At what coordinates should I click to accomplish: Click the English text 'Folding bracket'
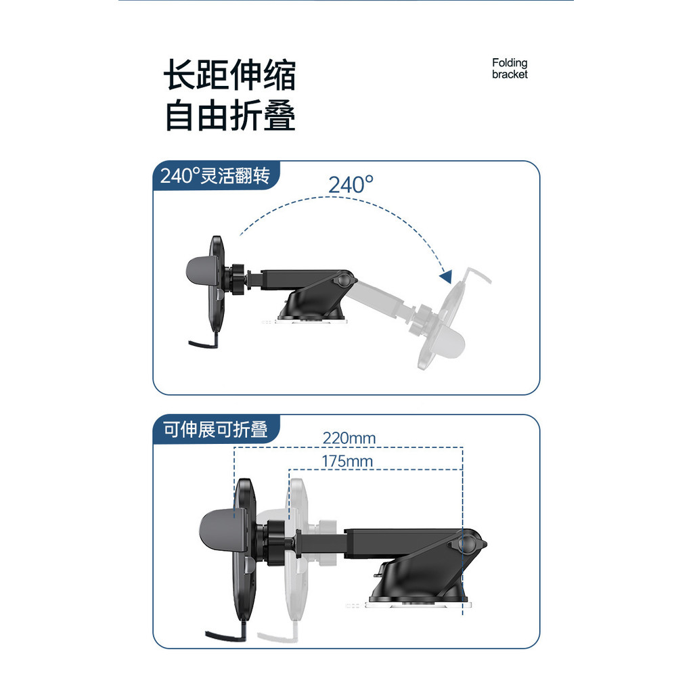[510, 68]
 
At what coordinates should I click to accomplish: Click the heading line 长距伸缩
[230, 74]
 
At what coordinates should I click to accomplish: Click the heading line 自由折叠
[230, 115]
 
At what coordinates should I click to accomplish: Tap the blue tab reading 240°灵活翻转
[216, 176]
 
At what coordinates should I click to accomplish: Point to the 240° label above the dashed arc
[351, 185]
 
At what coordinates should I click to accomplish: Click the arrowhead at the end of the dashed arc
[447, 277]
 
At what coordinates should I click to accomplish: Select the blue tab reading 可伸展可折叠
[216, 429]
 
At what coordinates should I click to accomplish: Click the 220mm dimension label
[349, 438]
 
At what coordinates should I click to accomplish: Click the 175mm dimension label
[347, 461]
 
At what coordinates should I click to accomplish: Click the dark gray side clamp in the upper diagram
[201, 271]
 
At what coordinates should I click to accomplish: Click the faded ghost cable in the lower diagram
[278, 633]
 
